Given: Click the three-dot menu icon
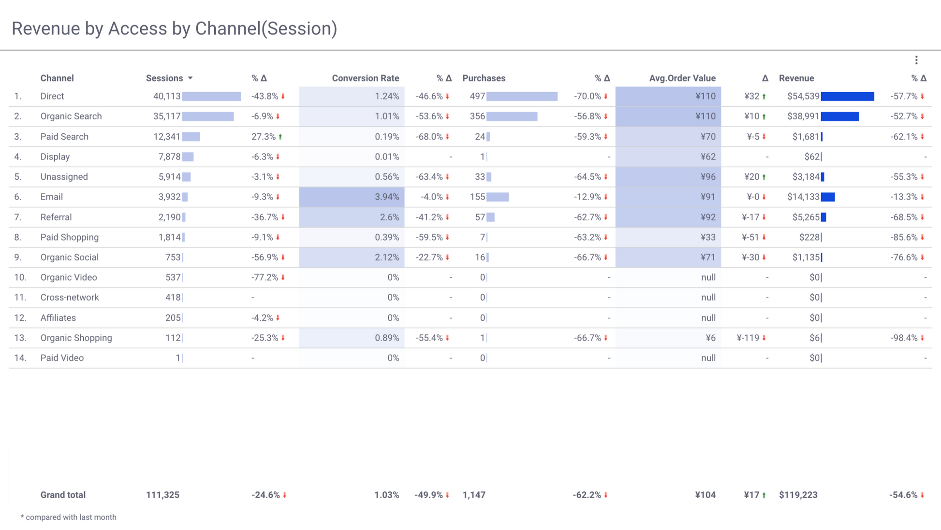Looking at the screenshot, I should (x=916, y=60).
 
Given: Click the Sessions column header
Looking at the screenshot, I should (x=164, y=78).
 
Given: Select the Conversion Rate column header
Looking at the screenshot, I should (x=365, y=78).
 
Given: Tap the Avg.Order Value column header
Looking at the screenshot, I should (x=682, y=78).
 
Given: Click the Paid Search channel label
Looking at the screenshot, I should (x=64, y=137).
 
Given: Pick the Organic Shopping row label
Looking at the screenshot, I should (x=76, y=338).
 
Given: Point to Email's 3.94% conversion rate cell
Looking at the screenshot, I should (x=387, y=197).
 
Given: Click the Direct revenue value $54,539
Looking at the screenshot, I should (x=803, y=96).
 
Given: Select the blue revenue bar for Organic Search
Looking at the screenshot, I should (x=839, y=116).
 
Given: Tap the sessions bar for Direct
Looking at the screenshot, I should (x=211, y=96).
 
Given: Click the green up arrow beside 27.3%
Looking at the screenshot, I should (x=280, y=137).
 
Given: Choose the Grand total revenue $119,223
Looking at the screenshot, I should (x=798, y=495).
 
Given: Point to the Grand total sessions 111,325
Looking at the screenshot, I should (x=162, y=495).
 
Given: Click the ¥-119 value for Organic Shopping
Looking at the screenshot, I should (x=748, y=338).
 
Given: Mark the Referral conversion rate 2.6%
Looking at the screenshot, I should (x=389, y=217).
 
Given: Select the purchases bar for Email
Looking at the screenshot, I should (x=498, y=197).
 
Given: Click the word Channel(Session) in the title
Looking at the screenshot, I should (x=266, y=29).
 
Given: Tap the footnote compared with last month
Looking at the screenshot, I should (x=71, y=517).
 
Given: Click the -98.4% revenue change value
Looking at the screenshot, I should (x=904, y=338).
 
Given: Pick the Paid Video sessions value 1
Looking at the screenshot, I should (x=178, y=358).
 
